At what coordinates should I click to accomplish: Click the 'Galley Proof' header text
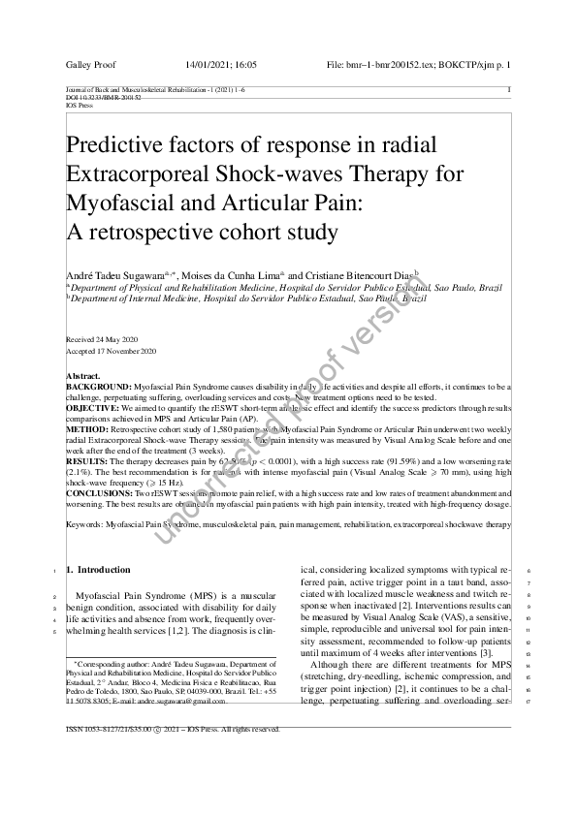coord(90,65)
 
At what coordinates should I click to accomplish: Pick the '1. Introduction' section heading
coord(101,569)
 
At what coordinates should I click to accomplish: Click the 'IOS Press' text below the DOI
coord(77,106)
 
